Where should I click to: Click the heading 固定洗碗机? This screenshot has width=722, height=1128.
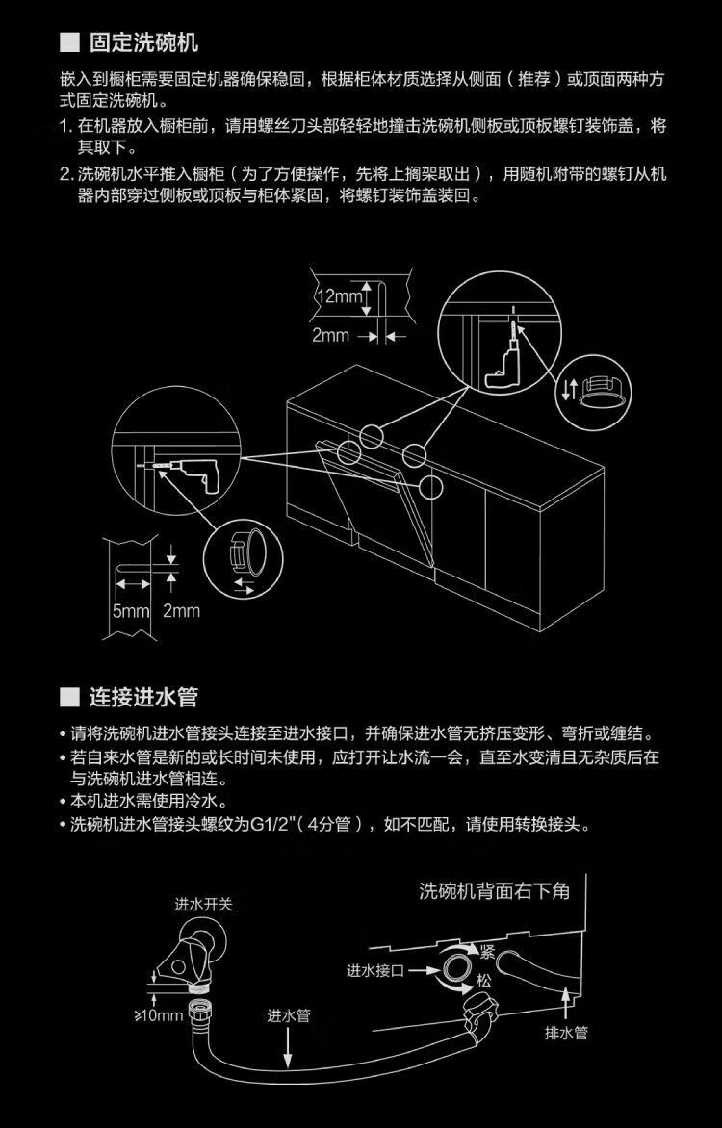(x=143, y=43)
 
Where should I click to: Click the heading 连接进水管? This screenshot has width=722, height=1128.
(x=143, y=696)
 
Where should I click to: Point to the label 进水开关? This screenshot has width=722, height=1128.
(x=203, y=905)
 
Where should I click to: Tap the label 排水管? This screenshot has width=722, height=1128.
(x=566, y=1033)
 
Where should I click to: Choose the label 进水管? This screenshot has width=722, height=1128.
(x=289, y=1015)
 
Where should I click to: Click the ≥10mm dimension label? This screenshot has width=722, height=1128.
(x=157, y=1015)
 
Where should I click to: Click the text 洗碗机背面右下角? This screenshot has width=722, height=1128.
(x=495, y=890)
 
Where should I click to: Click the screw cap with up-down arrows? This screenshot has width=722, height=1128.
(x=595, y=391)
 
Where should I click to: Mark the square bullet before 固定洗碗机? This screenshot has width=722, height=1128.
(x=68, y=44)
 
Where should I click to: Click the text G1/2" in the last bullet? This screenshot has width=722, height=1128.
(x=276, y=825)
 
